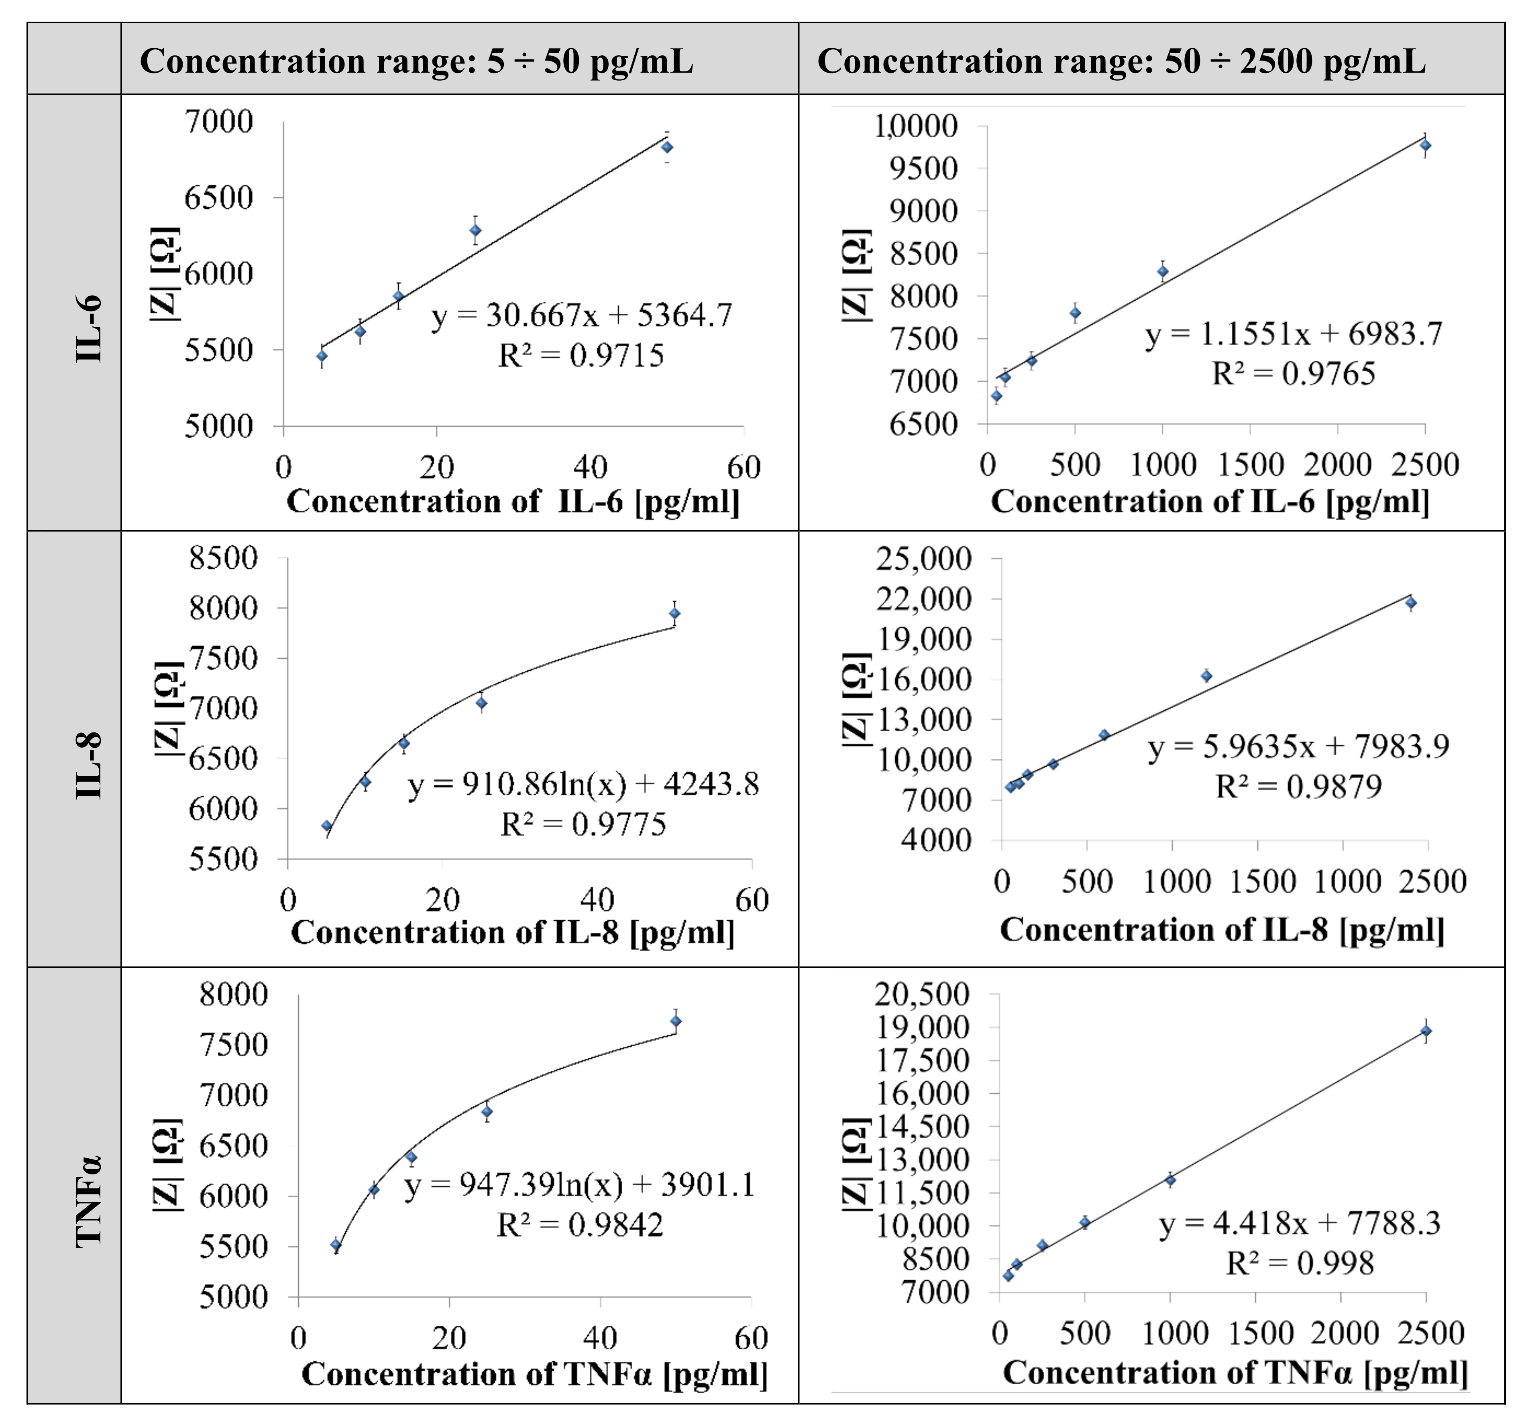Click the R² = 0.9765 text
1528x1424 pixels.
click(1294, 374)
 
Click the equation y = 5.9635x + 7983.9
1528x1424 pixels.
click(1298, 746)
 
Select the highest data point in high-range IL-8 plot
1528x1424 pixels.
click(1410, 603)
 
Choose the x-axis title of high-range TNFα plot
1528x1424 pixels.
click(1235, 1373)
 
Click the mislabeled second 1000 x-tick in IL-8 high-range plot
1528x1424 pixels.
click(1347, 881)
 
